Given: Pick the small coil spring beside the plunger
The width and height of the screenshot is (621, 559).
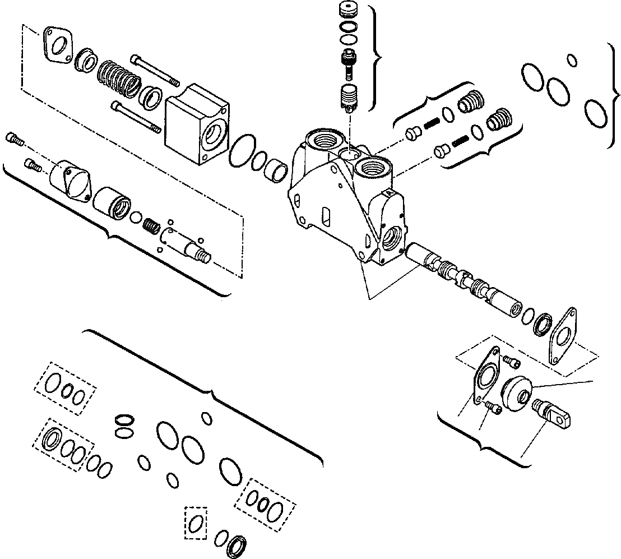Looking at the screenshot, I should [151, 225].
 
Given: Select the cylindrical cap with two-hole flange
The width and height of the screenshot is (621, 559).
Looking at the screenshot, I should [71, 181].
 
